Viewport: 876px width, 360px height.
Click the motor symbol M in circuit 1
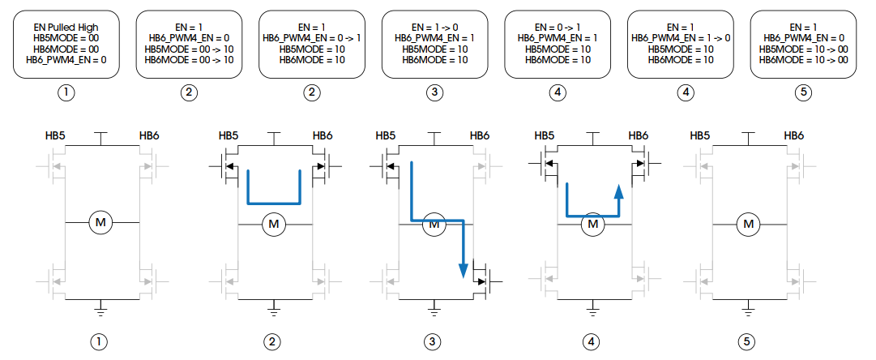pos(100,222)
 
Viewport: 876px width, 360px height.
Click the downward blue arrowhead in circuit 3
pos(464,269)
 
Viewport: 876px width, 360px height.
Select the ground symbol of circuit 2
pos(274,306)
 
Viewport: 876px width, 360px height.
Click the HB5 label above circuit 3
pos(386,135)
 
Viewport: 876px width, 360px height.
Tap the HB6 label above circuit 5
pos(794,135)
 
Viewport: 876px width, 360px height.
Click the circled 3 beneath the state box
pos(436,92)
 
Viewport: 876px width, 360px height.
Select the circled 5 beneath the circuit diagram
pos(746,342)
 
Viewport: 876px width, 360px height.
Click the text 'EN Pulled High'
pos(67,27)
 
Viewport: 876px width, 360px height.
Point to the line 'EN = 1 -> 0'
pos(435,27)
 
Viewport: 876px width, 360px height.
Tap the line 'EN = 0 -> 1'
pos(558,27)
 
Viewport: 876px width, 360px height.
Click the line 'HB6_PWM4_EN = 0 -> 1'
pos(312,38)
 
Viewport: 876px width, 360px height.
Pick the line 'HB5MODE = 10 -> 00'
pos(803,49)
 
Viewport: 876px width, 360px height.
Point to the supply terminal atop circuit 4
pos(592,135)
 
